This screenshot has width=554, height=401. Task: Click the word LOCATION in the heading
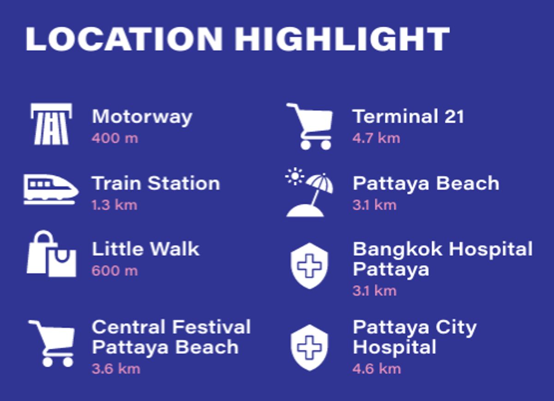point(124,39)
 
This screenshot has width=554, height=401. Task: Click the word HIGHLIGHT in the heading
point(342,39)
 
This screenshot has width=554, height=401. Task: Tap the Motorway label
point(142,117)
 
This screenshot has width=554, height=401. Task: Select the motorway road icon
point(51,124)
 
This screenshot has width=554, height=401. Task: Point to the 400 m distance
point(115,138)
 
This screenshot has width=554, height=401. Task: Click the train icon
point(51,190)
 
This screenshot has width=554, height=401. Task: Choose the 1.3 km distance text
point(114,205)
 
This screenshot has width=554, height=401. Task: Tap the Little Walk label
point(145,249)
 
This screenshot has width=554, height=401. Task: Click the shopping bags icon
point(51,254)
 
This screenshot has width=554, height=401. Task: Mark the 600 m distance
point(115,271)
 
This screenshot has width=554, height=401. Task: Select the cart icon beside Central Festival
point(52,344)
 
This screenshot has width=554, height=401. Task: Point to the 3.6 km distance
point(116,369)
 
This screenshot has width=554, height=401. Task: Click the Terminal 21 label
point(408,116)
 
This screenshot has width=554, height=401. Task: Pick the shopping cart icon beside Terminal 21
point(310,126)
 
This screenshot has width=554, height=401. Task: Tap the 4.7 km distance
point(376,138)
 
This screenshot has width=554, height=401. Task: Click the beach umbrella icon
point(309,195)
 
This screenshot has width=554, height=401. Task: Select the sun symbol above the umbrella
point(295,176)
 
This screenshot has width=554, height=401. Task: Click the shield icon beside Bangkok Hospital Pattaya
point(309,266)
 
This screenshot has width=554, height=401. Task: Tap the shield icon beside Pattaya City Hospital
point(309,348)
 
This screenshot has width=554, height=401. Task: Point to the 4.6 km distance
point(376,369)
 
